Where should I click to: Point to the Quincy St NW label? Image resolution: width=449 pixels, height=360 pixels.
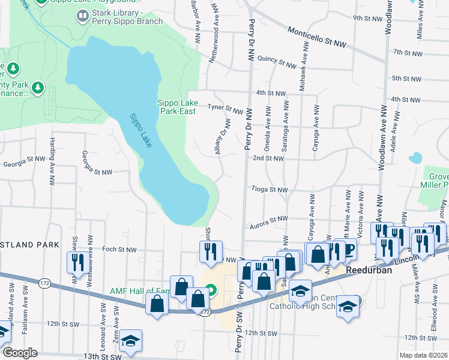(x=277, y=62)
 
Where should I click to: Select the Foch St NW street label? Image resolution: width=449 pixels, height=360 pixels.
(x=119, y=250)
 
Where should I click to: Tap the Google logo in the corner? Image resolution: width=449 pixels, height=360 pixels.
(x=19, y=353)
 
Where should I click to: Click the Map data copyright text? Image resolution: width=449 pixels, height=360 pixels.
(x=423, y=355)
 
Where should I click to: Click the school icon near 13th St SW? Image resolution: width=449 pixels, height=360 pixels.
(x=130, y=340)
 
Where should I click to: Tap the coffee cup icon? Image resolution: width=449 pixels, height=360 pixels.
(x=349, y=249)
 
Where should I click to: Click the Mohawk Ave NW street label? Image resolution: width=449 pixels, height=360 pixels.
(x=304, y=74)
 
